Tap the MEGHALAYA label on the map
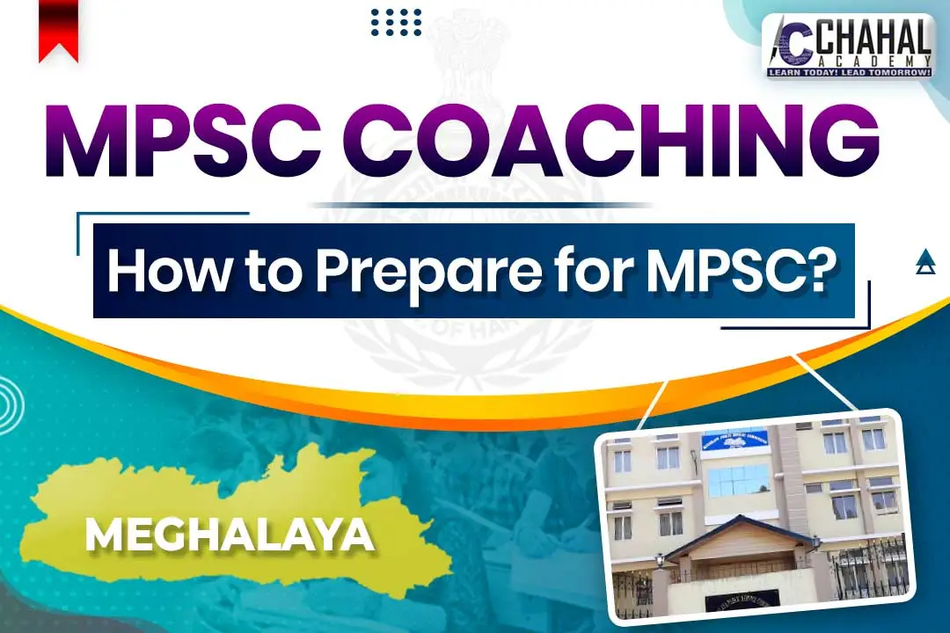point(226,534)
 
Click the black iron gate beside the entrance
point(866,571)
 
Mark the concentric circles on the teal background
point(11,404)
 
